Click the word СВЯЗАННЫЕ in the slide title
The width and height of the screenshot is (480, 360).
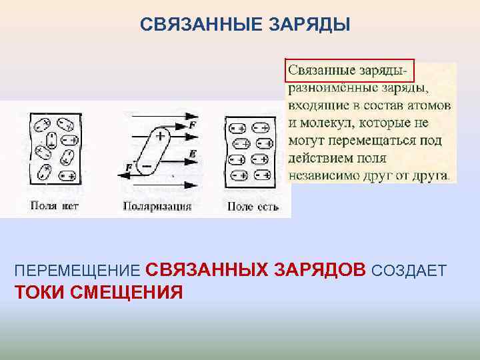tap(186, 25)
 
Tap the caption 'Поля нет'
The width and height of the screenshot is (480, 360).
tap(54, 206)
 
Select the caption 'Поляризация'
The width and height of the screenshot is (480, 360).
tap(157, 206)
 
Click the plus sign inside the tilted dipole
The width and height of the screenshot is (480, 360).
tap(161, 135)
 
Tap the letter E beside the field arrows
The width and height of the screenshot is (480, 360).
tap(192, 153)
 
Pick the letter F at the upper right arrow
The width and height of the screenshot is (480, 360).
tap(192, 125)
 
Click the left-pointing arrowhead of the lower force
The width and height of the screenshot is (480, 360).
tap(122, 175)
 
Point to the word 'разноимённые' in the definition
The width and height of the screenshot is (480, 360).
tap(330, 88)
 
